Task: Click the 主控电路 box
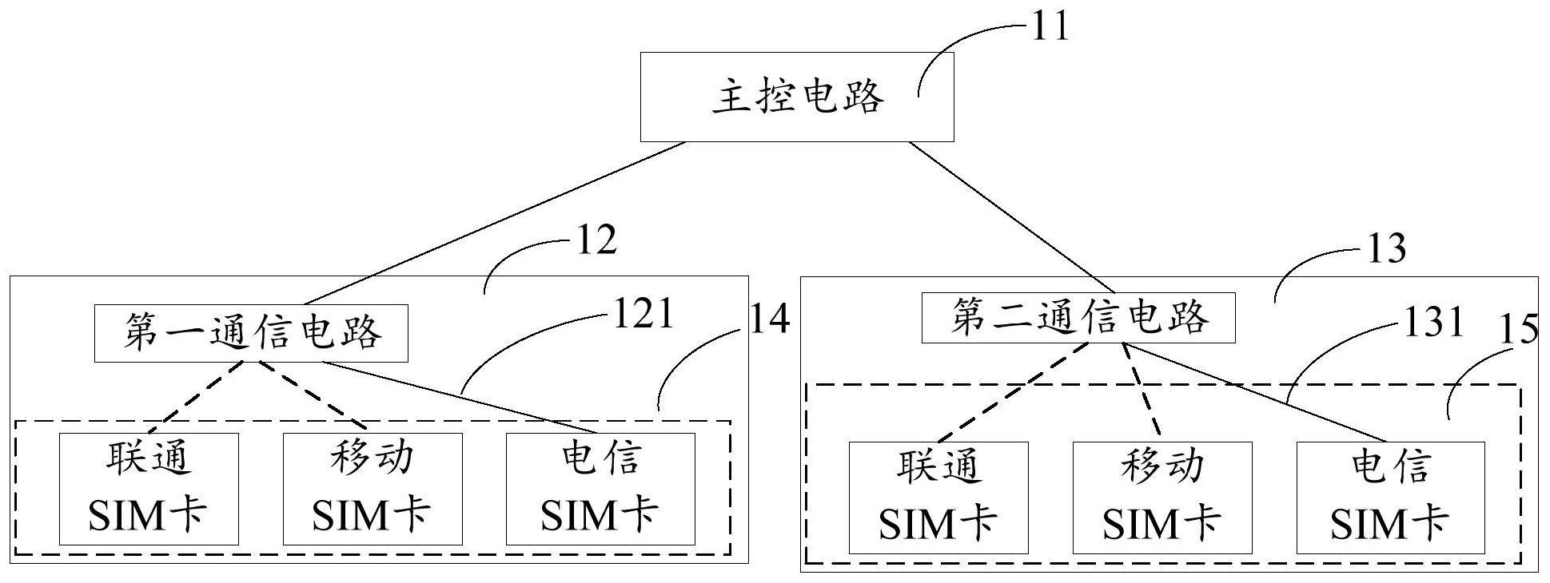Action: coord(796,97)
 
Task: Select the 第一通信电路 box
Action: coord(251,333)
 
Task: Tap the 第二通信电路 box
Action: coord(1078,318)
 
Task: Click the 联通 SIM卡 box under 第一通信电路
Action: coord(149,489)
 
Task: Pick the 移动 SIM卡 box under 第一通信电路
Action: coord(373,489)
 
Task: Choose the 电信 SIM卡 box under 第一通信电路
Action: coord(600,489)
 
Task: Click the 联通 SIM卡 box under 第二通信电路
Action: coord(938,497)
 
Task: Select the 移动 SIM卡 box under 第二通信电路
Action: coord(1162,497)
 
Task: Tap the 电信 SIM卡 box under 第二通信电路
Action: coord(1390,497)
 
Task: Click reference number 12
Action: coord(596,240)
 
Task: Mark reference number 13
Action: coord(1386,249)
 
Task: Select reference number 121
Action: coord(643,314)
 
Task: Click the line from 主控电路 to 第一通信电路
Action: coord(496,223)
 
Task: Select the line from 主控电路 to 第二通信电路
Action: coord(1011,216)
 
